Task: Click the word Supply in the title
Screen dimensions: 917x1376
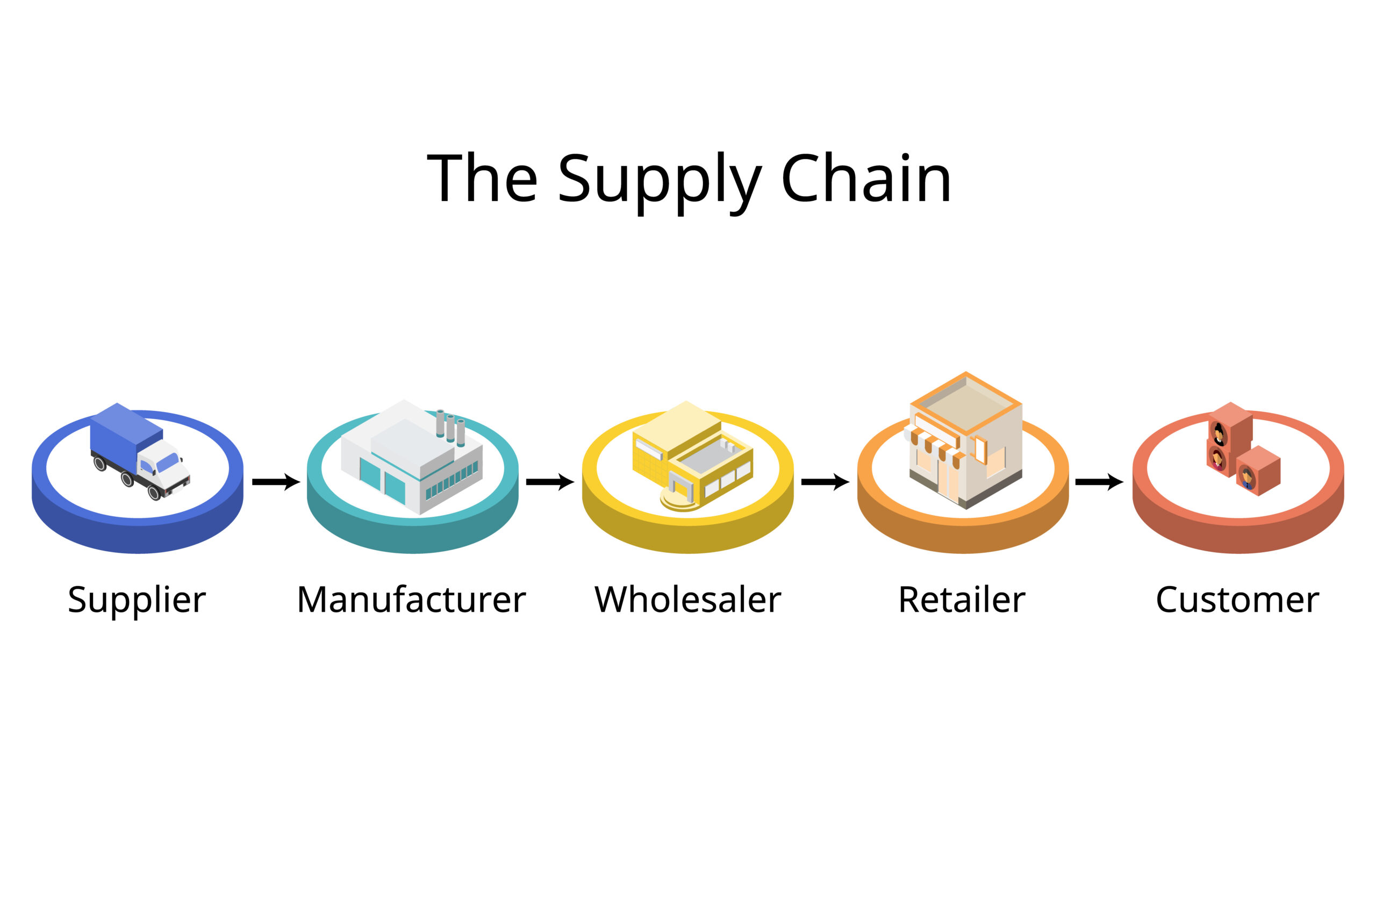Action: [660, 179]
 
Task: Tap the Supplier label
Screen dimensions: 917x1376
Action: [137, 601]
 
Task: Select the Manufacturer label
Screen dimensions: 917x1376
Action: [411, 600]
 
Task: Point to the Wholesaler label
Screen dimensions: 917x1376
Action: [687, 600]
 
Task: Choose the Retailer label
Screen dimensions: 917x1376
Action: [962, 600]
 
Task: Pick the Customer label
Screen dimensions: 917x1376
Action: [1237, 600]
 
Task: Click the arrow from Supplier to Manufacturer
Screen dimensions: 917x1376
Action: [276, 482]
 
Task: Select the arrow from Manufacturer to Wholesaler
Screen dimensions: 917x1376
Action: [550, 482]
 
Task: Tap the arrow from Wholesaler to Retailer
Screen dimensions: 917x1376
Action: [825, 482]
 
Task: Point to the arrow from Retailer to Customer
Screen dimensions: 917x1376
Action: [1099, 482]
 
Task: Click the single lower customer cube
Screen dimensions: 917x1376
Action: [1258, 471]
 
